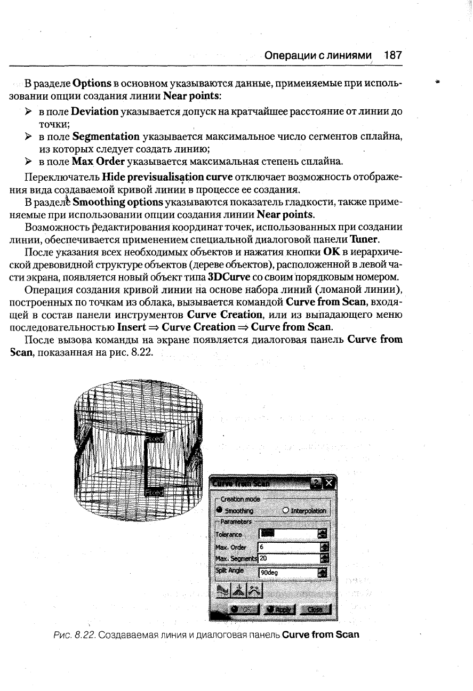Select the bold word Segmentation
tap(106, 137)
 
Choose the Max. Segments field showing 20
tap(287, 559)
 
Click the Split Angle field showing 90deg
tap(287, 574)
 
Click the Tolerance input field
tap(287, 534)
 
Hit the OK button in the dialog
tap(243, 609)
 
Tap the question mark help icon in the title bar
tap(317, 483)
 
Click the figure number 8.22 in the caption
tap(85, 634)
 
